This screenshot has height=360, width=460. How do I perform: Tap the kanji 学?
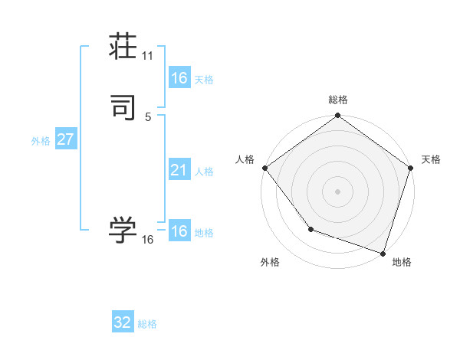[123, 229]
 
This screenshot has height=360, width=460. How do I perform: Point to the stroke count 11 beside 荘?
[148, 55]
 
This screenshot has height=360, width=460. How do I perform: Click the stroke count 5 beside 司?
[148, 117]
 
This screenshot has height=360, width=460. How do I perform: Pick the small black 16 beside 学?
[148, 240]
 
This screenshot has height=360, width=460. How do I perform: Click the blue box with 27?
[65, 140]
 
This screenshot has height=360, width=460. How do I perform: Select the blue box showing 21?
[179, 170]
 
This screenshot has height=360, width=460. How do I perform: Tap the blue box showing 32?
[123, 322]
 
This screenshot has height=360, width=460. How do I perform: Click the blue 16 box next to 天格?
[179, 78]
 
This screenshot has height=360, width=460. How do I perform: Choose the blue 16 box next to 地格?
[179, 231]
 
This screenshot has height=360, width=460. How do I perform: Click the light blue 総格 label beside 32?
[148, 324]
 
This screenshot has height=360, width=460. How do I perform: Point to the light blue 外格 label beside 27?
[41, 141]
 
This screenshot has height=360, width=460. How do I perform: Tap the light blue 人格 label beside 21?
[204, 172]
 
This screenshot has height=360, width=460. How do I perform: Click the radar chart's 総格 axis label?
[338, 100]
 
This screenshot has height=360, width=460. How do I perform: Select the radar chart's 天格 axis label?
[431, 159]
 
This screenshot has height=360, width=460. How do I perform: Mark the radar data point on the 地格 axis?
[383, 252]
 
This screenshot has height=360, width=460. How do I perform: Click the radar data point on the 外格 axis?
[310, 229]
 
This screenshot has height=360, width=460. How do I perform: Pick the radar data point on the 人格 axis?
[264, 168]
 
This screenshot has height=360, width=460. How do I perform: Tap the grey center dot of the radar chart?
[338, 191]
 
